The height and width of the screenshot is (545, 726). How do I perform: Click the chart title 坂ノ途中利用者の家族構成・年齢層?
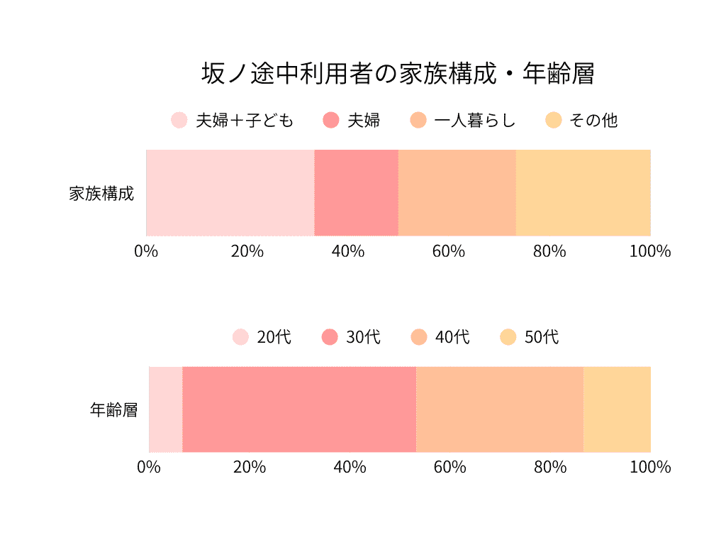pyautogui.click(x=398, y=73)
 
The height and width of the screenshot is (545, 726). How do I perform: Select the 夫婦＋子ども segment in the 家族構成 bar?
pyautogui.click(x=230, y=192)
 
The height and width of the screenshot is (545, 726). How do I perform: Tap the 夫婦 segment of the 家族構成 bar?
pyautogui.click(x=356, y=192)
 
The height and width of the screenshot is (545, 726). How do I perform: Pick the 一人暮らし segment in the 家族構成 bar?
pyautogui.click(x=457, y=192)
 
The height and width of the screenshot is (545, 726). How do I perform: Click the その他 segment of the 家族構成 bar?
pyautogui.click(x=583, y=192)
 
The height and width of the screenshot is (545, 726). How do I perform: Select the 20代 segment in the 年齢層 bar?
pyautogui.click(x=165, y=409)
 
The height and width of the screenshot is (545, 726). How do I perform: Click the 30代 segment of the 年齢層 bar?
pyautogui.click(x=299, y=409)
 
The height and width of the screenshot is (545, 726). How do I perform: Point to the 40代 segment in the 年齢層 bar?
pyautogui.click(x=500, y=409)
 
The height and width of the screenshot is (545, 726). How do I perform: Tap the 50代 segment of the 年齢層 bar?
pyautogui.click(x=617, y=409)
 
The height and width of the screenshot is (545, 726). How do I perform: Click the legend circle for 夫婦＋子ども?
pyautogui.click(x=179, y=120)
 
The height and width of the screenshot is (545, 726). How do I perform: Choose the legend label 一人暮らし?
pyautogui.click(x=474, y=121)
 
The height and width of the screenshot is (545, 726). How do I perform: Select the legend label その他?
pyautogui.click(x=593, y=121)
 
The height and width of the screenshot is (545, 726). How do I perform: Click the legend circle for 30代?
pyautogui.click(x=330, y=336)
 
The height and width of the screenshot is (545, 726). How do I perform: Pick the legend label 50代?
pyautogui.click(x=541, y=337)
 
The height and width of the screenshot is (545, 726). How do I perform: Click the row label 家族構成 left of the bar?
pyautogui.click(x=101, y=193)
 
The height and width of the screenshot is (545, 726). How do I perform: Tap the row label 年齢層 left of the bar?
pyautogui.click(x=113, y=410)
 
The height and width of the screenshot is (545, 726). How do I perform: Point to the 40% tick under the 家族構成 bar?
pyautogui.click(x=348, y=251)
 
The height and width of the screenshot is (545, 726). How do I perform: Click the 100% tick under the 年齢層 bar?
pyautogui.click(x=650, y=468)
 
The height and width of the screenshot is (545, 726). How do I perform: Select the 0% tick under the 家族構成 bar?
pyautogui.click(x=146, y=251)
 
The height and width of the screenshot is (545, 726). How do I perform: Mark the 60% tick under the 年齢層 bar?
pyautogui.click(x=449, y=468)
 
